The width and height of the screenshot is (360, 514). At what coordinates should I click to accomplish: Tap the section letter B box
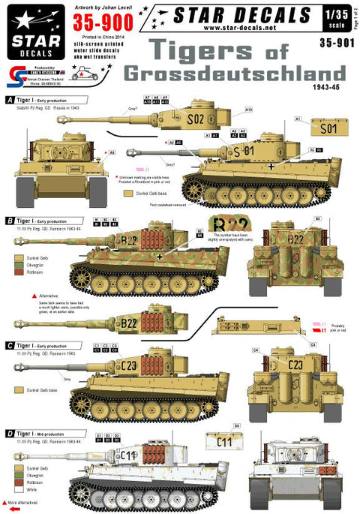[9, 221]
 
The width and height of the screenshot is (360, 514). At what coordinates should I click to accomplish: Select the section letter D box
[9, 433]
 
